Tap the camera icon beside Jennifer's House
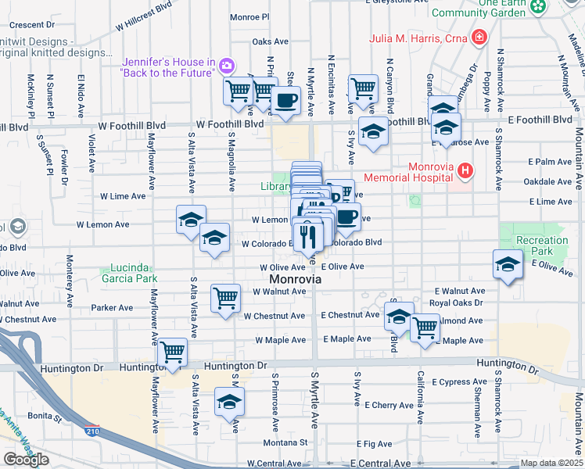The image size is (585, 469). click(x=228, y=66)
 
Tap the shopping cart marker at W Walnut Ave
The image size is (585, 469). click(x=225, y=298)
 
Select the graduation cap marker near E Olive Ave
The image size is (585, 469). click(x=508, y=264)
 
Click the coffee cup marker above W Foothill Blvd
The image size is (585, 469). click(x=285, y=101)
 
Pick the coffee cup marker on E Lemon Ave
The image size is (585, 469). click(x=346, y=217)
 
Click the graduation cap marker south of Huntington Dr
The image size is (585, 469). click(x=229, y=402)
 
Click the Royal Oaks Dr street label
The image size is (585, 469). click(x=458, y=302)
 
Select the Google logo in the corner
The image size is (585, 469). click(x=26, y=459)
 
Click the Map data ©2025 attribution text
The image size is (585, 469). click(x=551, y=463)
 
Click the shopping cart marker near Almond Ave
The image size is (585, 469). click(x=425, y=328)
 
